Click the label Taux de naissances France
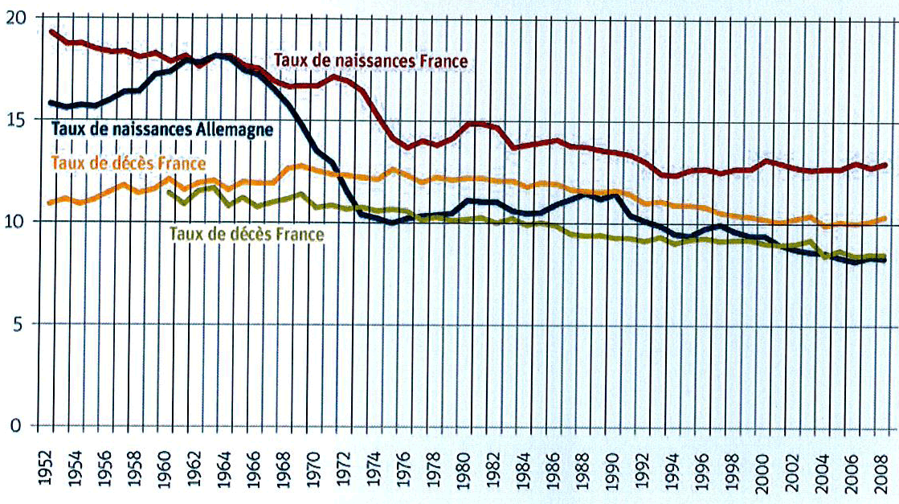[x=370, y=60]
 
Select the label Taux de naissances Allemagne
[x=163, y=128]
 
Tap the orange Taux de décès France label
[x=129, y=162]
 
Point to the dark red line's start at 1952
[x=51, y=31]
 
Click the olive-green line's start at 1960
[x=167, y=191]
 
